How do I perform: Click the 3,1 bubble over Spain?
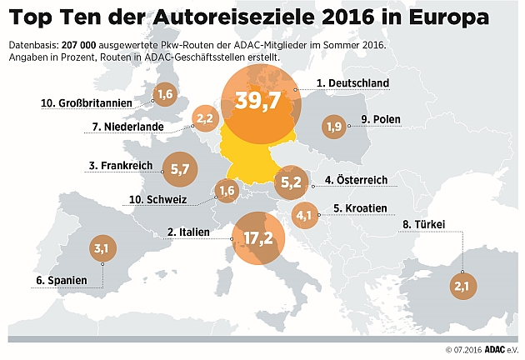point(102,247)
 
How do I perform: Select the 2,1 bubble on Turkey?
point(462,286)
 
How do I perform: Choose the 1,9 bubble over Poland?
point(334,127)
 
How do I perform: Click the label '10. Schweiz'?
point(172,200)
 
